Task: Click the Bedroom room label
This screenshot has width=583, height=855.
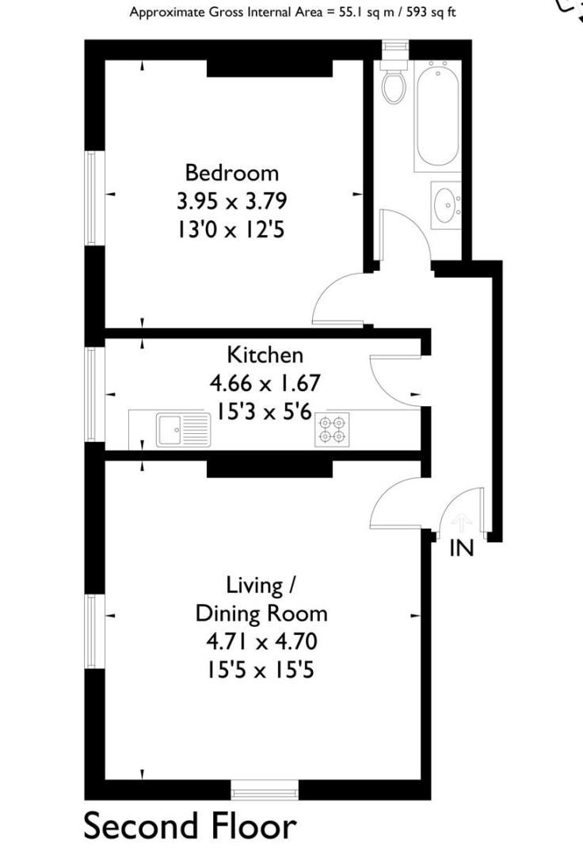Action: coord(232,173)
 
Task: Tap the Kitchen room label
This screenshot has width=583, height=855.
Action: coord(265,355)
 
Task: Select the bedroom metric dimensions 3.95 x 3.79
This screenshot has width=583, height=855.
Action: coord(232,201)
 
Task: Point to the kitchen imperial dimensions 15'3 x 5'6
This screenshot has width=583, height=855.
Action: coord(265,412)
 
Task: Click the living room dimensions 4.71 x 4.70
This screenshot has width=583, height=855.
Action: coord(261,641)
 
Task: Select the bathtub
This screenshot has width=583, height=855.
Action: coord(437,116)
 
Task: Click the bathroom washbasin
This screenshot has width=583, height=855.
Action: coord(446,205)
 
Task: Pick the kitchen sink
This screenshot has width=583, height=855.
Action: coord(183,430)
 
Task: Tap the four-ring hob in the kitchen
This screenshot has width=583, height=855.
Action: coord(332,430)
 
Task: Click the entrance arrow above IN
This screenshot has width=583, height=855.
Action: coord(462,522)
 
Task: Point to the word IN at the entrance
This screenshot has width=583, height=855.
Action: coord(461,548)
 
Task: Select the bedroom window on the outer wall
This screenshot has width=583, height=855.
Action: coord(91,197)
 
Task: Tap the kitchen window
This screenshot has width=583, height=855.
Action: coord(91,394)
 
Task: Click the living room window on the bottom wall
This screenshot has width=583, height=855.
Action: coord(265,789)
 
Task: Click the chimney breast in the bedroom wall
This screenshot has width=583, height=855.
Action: coord(269,68)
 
